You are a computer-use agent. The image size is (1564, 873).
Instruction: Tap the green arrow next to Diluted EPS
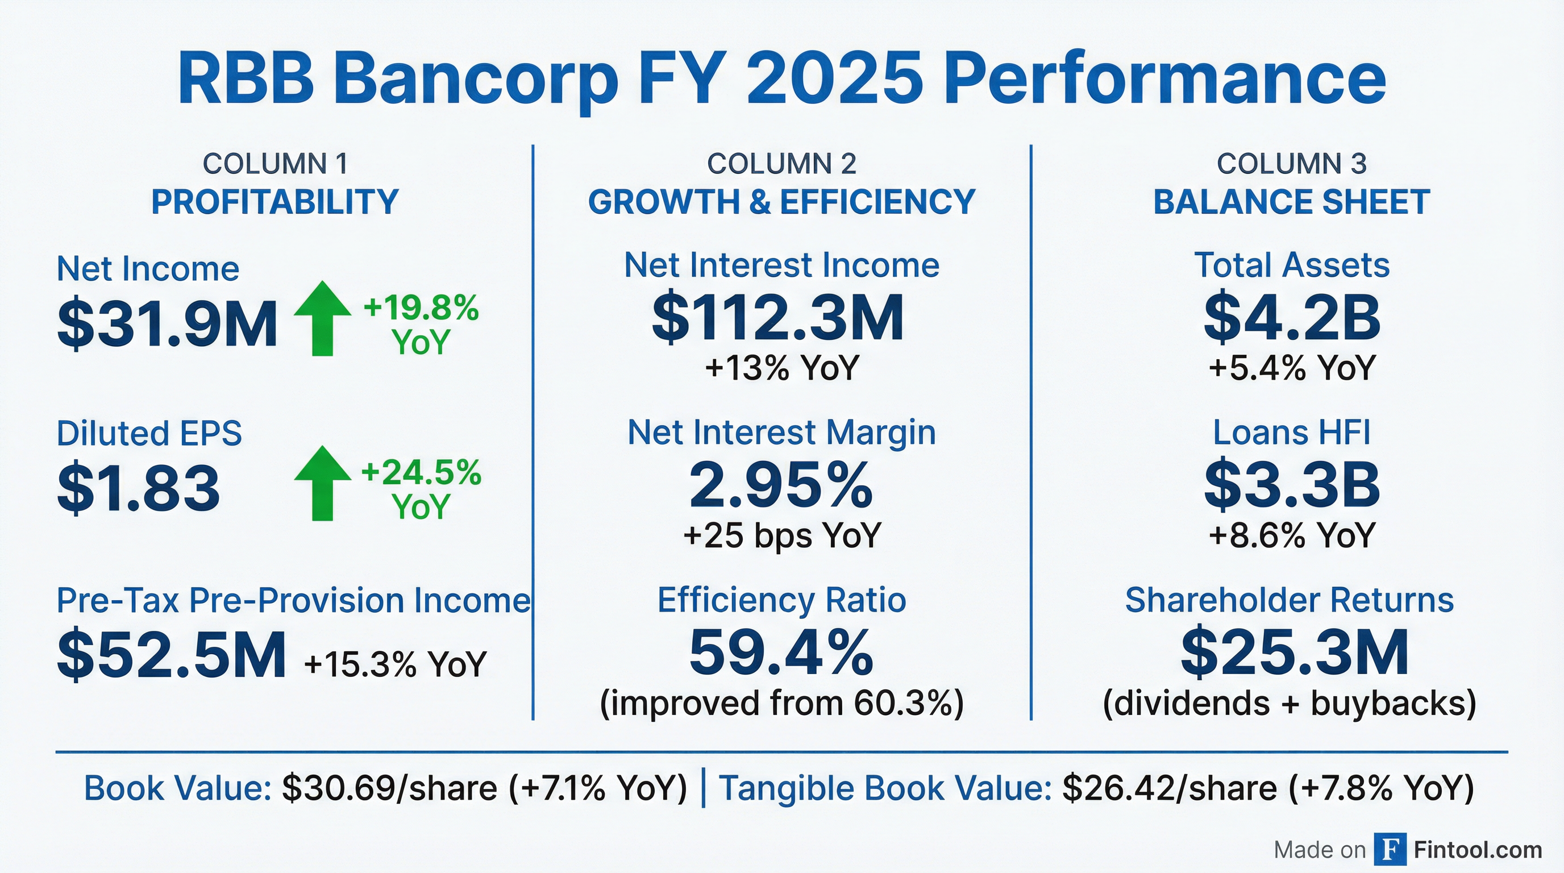click(322, 483)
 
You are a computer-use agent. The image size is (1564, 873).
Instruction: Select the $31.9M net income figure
click(168, 324)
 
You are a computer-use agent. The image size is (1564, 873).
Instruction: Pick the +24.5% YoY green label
click(421, 489)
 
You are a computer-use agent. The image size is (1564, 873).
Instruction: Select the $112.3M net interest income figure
click(778, 318)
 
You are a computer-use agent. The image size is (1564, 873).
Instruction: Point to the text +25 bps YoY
click(782, 535)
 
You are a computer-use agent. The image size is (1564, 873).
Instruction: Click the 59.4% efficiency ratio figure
click(781, 652)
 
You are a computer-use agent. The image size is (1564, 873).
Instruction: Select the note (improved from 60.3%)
click(782, 703)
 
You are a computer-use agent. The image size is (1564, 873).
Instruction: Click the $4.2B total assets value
click(1291, 318)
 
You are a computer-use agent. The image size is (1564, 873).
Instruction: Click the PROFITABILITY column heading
click(274, 202)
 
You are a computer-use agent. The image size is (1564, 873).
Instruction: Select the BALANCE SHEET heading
click(1291, 202)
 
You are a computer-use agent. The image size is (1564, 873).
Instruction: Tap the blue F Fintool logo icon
click(1390, 849)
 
